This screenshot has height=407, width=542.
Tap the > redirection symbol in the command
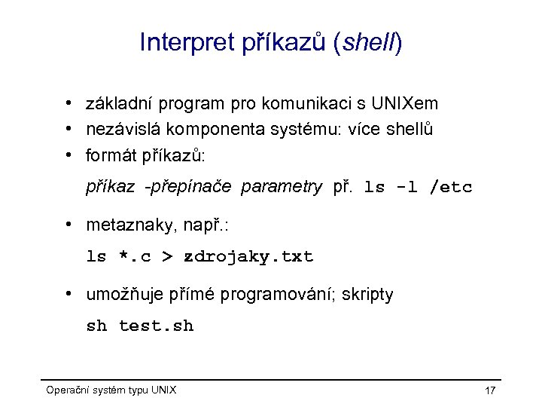(x=168, y=257)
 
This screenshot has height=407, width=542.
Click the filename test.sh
(x=157, y=326)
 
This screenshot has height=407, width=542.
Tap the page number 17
(x=490, y=390)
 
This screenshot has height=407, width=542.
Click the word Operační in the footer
(x=67, y=390)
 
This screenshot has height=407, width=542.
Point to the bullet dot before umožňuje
(x=69, y=294)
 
